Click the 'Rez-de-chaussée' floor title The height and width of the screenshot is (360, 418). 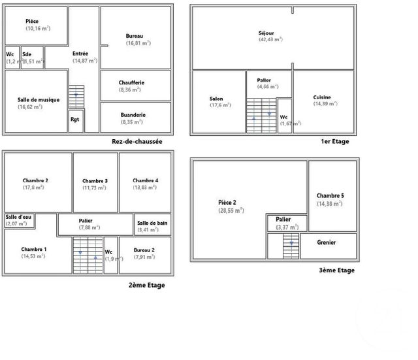(x=137, y=141)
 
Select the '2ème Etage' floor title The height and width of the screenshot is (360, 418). (x=147, y=285)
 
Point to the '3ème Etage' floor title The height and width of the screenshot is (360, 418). (x=336, y=270)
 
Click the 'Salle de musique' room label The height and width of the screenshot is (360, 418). (x=39, y=100)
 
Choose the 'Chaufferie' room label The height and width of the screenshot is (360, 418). (x=132, y=82)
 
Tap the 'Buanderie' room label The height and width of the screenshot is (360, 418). (x=133, y=115)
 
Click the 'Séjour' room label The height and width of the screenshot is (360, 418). (x=266, y=33)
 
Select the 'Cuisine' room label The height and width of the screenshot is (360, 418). (x=322, y=97)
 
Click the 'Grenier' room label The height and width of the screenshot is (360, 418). (x=327, y=242)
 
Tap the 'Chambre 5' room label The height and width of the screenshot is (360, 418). (x=329, y=196)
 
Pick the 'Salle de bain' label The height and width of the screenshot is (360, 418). (x=153, y=223)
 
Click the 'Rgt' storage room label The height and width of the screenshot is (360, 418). (x=75, y=120)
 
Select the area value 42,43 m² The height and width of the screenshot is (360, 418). (x=270, y=39)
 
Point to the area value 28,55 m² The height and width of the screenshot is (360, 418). (x=231, y=210)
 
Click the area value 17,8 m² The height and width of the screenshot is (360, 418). (x=34, y=188)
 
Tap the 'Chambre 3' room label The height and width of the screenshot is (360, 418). (x=95, y=181)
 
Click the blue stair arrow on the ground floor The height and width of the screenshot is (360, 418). (x=76, y=95)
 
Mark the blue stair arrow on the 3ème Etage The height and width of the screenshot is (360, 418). (x=292, y=242)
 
